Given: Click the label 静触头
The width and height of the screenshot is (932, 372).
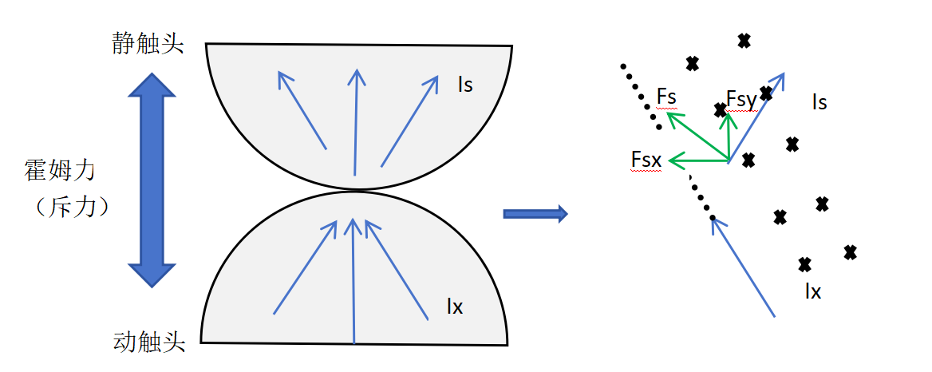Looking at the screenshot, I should tap(148, 43).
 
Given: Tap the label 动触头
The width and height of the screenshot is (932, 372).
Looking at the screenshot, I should tap(149, 343).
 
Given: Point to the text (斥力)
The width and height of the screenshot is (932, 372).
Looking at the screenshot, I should tap(71, 207).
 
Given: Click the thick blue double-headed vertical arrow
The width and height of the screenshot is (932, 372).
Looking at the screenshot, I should tap(152, 179).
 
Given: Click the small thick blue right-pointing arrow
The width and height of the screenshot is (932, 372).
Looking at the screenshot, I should tap(535, 213).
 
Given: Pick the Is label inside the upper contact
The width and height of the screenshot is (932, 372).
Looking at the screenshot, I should tap(465, 84).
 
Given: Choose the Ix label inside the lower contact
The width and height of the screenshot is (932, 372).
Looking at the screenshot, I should tap(455, 306).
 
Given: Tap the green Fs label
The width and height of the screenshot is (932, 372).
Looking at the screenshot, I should tap(666, 97).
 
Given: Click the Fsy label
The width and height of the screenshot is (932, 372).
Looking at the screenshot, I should tap(740, 99).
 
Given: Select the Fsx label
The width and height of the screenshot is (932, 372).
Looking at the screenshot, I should tap(646, 160).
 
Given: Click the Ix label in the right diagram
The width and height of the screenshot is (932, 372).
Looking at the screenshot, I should tap(812, 291).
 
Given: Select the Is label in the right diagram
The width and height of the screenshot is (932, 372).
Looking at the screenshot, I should tap(819, 102).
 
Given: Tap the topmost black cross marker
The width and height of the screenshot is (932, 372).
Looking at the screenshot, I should tap(744, 41).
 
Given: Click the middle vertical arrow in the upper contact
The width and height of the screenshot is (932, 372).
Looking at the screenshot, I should tap(356, 120).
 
